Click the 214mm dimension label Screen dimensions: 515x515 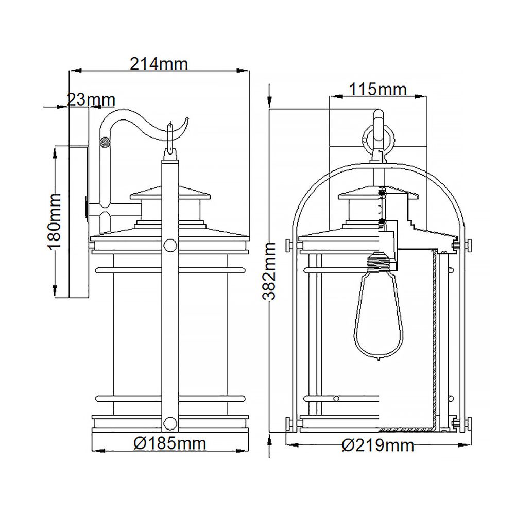click(159, 64)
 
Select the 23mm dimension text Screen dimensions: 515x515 click(91, 99)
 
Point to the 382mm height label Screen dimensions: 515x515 click(269, 271)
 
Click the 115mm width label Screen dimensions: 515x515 click(377, 89)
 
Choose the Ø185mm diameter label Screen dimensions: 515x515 click(170, 444)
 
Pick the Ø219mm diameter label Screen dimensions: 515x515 click(377, 445)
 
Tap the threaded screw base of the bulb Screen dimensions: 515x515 click(379, 261)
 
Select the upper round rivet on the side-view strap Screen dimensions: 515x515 click(170, 245)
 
